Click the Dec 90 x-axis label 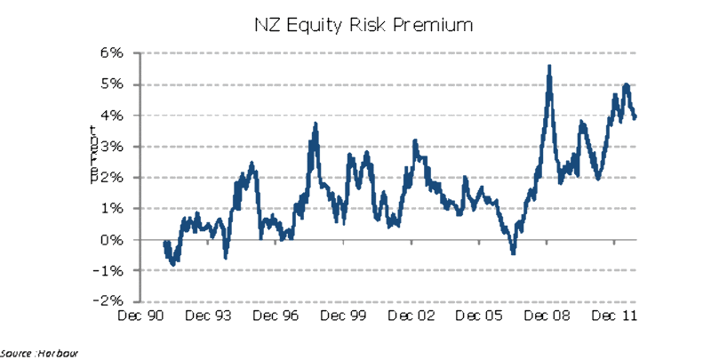pos(140,316)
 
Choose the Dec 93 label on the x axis pos(212,316)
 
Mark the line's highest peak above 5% pos(550,67)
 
